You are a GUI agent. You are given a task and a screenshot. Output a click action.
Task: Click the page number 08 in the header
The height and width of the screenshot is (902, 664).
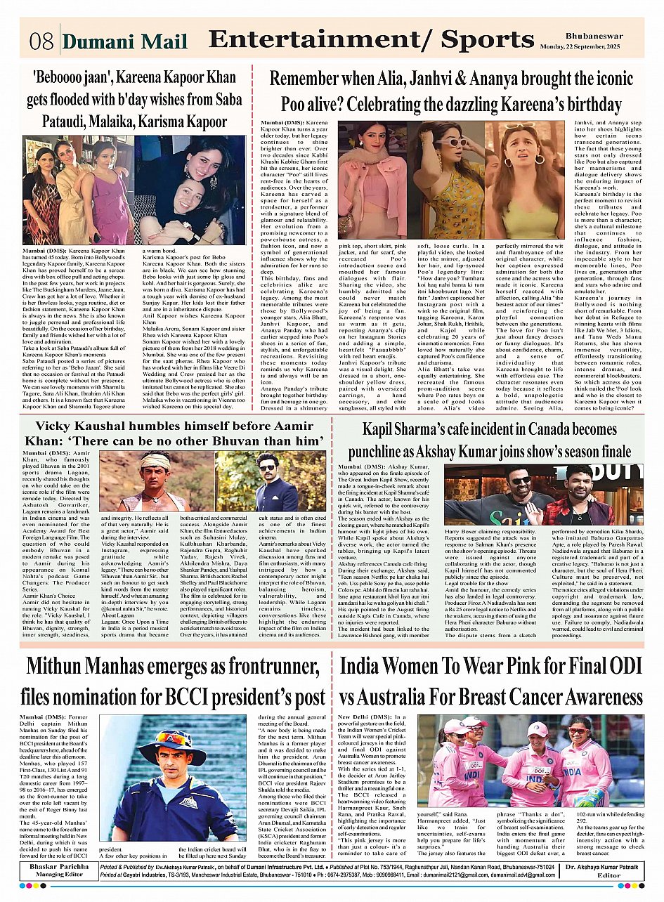pos(41,41)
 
